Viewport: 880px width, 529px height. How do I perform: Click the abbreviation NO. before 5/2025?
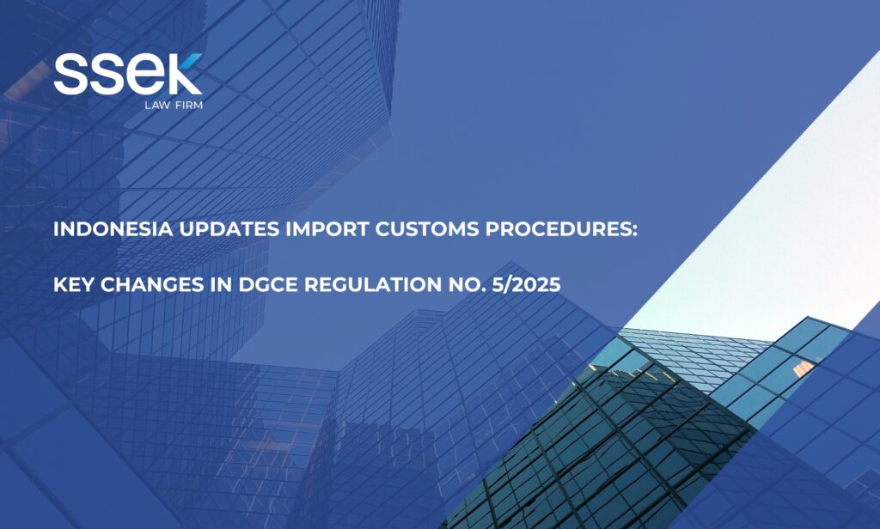pyautogui.click(x=467, y=285)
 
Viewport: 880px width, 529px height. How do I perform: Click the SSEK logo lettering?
pyautogui.click(x=128, y=74)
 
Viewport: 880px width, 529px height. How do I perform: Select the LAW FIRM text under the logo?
pyautogui.click(x=174, y=105)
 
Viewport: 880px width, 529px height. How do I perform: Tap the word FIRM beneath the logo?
pyautogui.click(x=189, y=105)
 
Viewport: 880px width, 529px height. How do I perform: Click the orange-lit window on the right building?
pyautogui.click(x=804, y=368)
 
